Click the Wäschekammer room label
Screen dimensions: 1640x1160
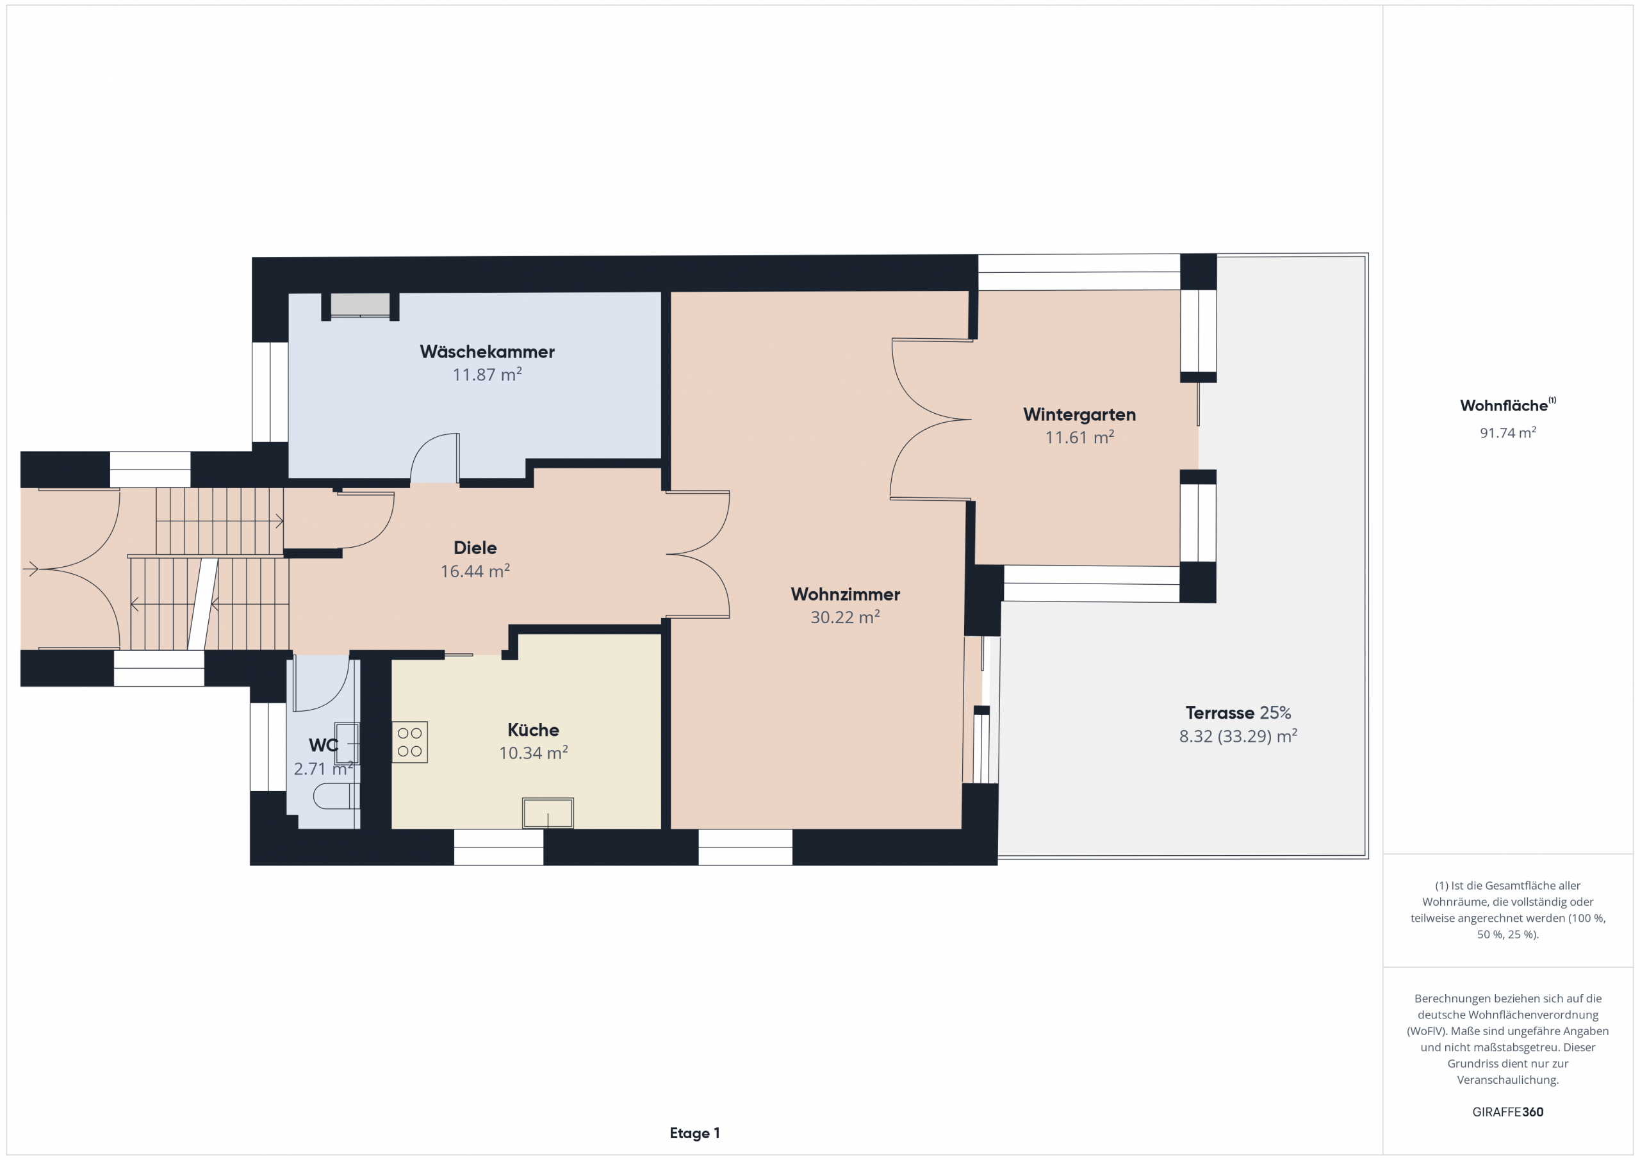(x=487, y=352)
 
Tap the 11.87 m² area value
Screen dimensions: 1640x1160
(x=487, y=374)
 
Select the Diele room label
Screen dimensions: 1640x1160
(x=475, y=548)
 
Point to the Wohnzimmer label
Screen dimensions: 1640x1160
(x=845, y=594)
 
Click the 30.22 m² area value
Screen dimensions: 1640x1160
(x=845, y=617)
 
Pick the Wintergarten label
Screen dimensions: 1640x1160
(x=1079, y=414)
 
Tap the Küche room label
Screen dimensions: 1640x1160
(x=533, y=730)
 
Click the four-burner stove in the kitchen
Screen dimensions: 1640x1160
(x=410, y=742)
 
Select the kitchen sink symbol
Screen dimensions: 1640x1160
(x=548, y=813)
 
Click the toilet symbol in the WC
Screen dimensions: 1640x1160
(x=336, y=796)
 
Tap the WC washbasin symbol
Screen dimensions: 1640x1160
(x=348, y=744)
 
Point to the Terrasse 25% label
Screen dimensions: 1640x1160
(x=1238, y=713)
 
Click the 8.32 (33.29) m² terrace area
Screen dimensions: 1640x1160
(x=1238, y=736)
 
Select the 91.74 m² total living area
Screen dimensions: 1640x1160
(x=1508, y=433)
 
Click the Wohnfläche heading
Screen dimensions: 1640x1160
(x=1507, y=405)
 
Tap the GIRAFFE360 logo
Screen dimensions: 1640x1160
(x=1508, y=1112)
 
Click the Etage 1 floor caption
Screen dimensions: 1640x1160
(x=694, y=1133)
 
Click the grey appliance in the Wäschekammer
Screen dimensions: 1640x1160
(x=360, y=304)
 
